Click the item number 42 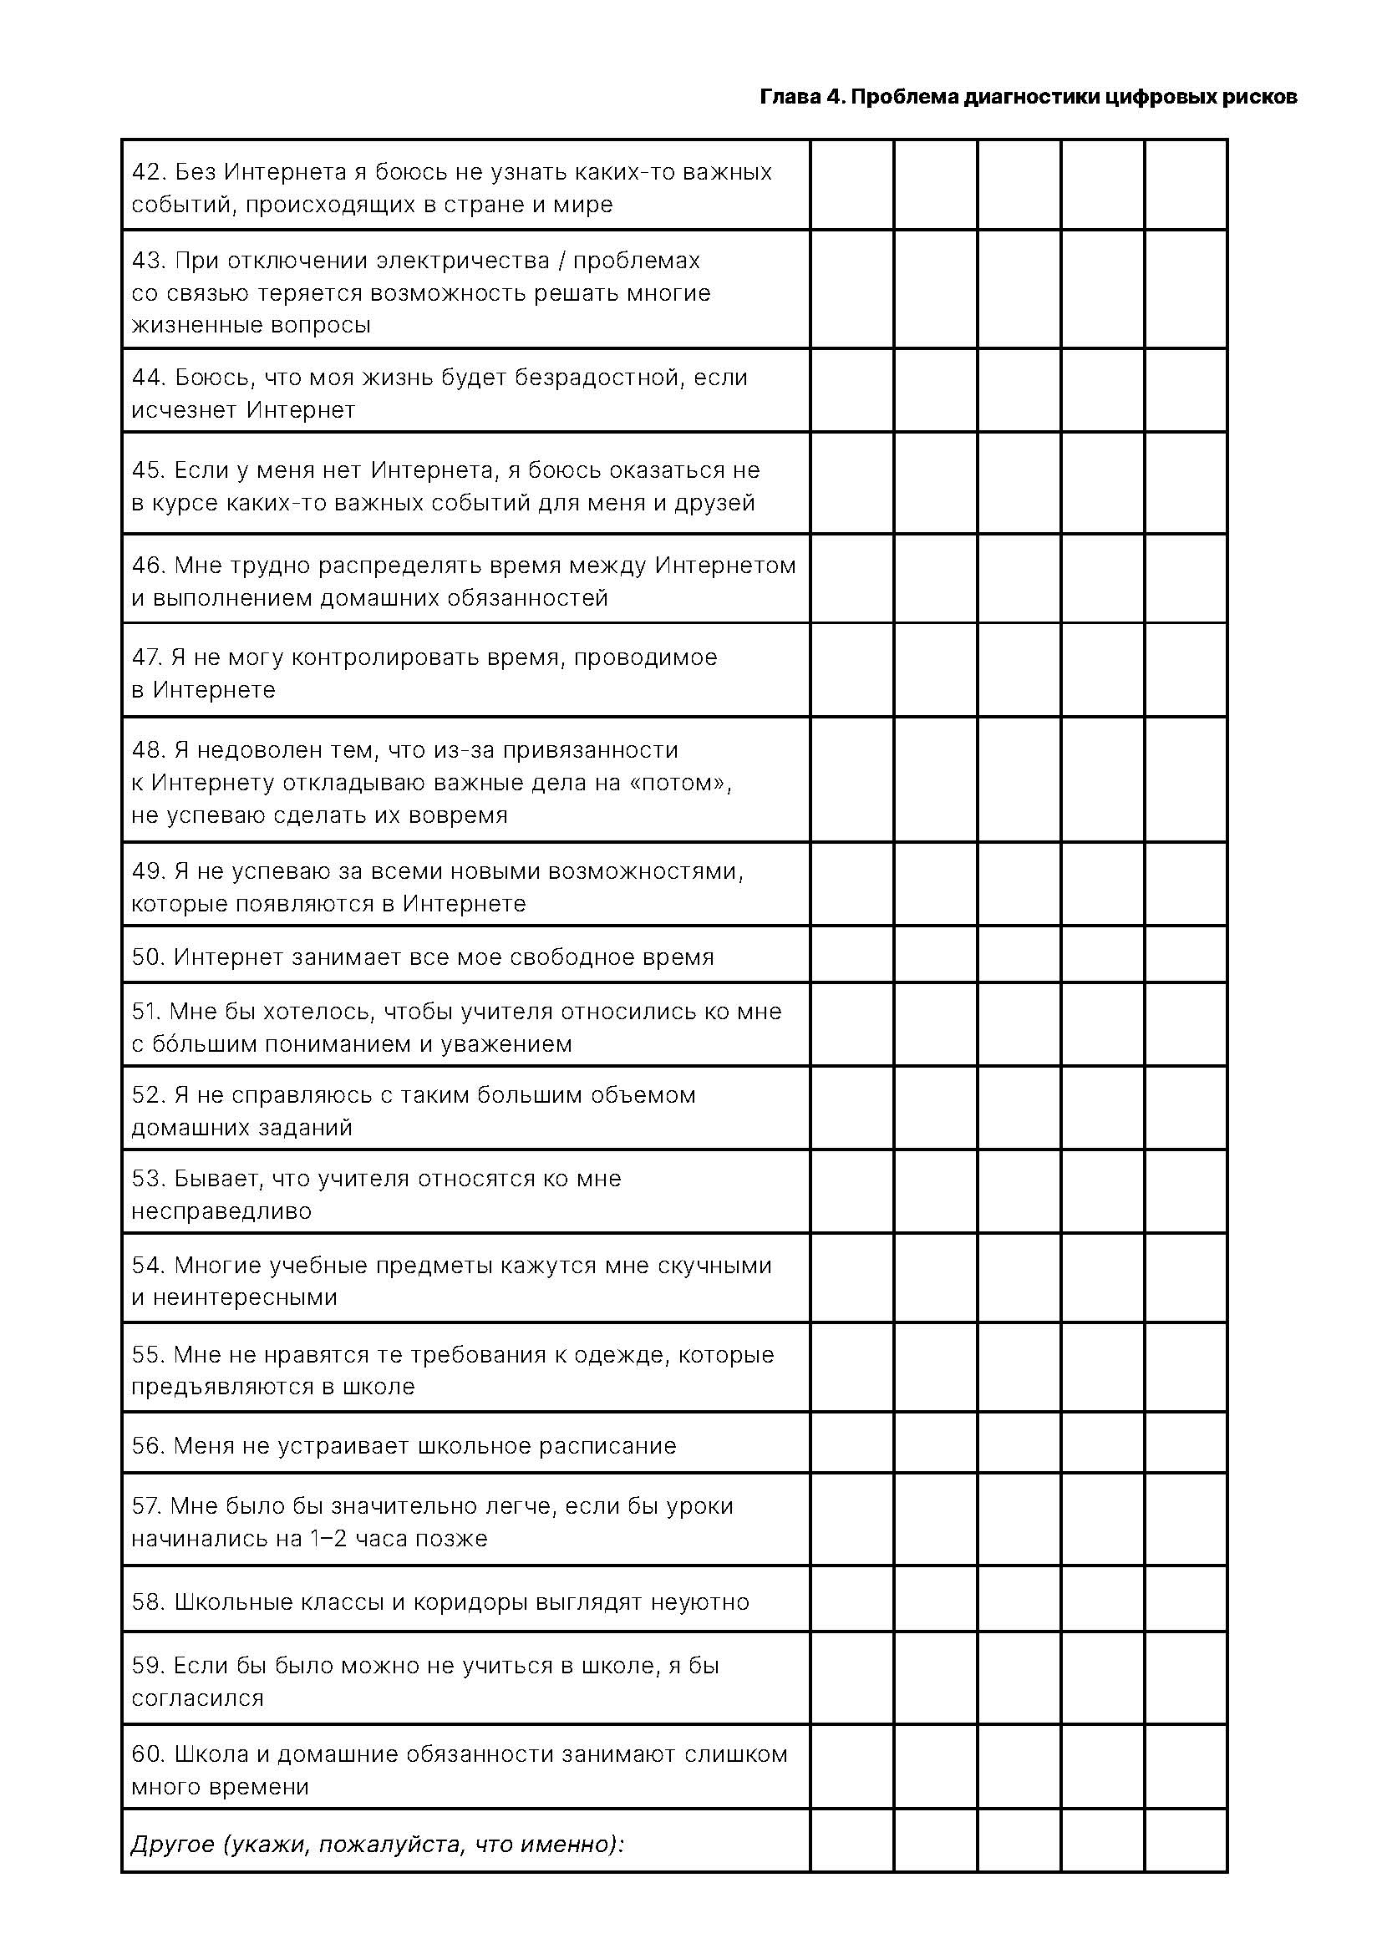147,172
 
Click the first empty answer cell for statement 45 851,484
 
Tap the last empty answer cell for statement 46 1186,579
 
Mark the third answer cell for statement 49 1019,885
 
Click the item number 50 147,957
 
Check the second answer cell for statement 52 935,1108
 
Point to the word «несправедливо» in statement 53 221,1211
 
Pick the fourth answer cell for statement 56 1102,1446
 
